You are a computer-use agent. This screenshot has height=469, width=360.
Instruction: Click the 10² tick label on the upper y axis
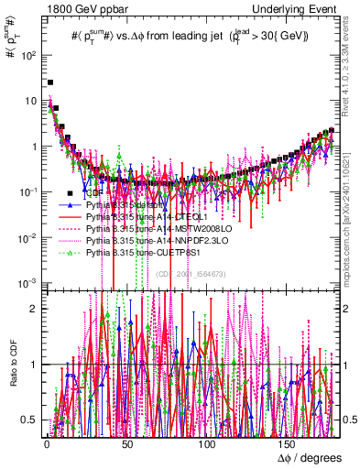28,55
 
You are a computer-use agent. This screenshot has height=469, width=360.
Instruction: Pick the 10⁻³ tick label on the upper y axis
28,283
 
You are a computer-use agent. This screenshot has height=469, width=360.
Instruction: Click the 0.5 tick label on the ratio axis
30,420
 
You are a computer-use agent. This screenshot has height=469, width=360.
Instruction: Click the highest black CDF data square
50,82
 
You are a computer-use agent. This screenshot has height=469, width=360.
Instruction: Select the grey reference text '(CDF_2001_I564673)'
191,274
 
